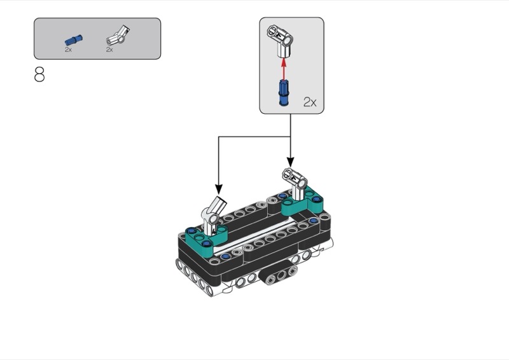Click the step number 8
click(39, 74)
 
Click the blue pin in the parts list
click(74, 40)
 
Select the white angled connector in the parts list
click(118, 36)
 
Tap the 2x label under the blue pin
click(68, 50)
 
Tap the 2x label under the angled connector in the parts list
click(109, 50)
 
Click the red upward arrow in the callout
click(284, 69)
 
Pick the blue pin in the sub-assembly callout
click(284, 92)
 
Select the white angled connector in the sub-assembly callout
click(281, 41)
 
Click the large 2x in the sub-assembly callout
click(310, 102)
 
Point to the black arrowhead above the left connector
click(219, 190)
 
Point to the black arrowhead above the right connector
click(291, 162)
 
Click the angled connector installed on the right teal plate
click(295, 183)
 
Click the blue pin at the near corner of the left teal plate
click(205, 243)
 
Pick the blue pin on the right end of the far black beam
click(313, 221)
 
